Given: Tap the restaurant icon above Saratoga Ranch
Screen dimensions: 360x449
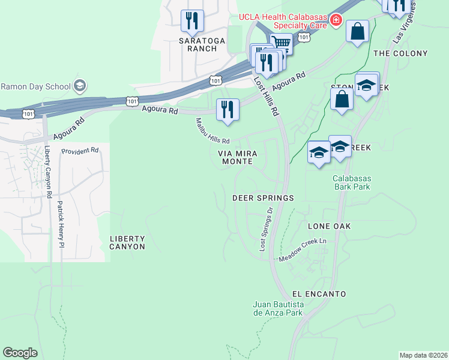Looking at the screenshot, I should [x=192, y=21].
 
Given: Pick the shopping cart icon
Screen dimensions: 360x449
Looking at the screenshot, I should [x=281, y=43].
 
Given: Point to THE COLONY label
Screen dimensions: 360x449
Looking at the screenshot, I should [x=400, y=53].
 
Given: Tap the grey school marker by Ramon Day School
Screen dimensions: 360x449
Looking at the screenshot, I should [x=79, y=86].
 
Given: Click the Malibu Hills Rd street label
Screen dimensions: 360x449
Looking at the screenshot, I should [x=212, y=131].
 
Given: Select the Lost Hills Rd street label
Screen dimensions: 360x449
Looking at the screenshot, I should [x=267, y=96].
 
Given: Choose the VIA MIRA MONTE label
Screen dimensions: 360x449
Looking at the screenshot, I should [x=237, y=157].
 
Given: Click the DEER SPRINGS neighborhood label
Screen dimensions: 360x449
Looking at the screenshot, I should [x=263, y=198].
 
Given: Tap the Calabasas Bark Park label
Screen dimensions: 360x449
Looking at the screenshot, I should [x=352, y=182].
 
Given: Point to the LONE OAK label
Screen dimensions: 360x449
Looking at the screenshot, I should [x=329, y=226].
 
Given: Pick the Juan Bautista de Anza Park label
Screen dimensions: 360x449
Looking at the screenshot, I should [x=278, y=308].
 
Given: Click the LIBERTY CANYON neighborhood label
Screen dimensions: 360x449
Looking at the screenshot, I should [x=127, y=242].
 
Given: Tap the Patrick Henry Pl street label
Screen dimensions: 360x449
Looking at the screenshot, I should [x=60, y=223].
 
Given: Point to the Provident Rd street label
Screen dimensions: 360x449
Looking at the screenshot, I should [x=79, y=151].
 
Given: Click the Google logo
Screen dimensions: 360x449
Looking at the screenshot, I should [x=20, y=353].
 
